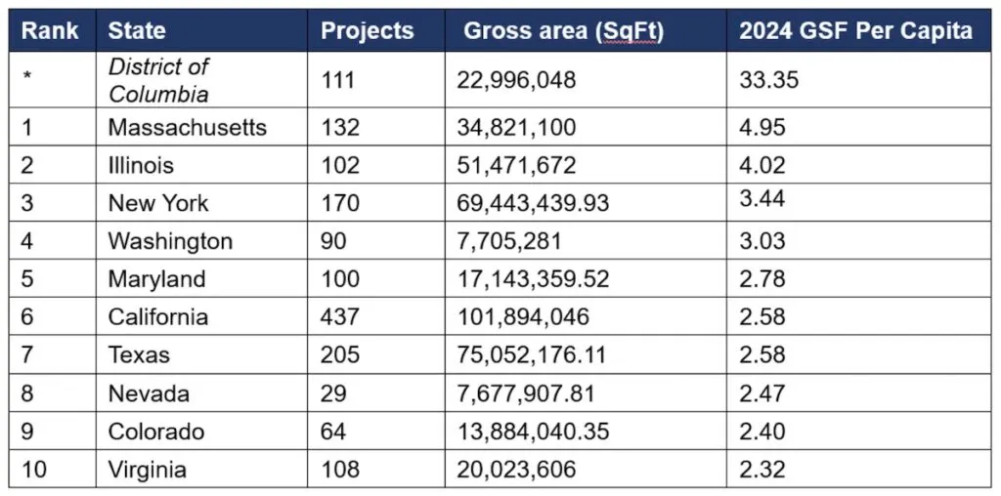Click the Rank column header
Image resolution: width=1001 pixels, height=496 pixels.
[x=50, y=30]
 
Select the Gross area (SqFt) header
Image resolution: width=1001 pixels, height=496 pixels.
[x=563, y=30]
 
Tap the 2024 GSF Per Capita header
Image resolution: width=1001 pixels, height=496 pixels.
[x=855, y=30]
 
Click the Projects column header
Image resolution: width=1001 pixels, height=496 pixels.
[x=368, y=30]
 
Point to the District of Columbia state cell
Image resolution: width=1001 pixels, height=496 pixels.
[x=158, y=80]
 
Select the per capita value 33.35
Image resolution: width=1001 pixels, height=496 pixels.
[x=768, y=79]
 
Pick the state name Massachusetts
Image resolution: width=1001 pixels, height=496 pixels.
[x=188, y=127]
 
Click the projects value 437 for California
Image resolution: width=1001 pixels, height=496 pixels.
[x=340, y=317]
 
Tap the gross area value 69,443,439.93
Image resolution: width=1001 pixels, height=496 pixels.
[x=533, y=203]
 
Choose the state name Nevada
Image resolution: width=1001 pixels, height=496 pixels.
[x=149, y=393]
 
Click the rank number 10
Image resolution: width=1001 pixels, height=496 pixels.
[x=35, y=470]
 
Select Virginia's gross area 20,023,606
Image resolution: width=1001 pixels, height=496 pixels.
[x=516, y=470]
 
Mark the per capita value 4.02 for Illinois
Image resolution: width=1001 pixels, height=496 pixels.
[x=762, y=165]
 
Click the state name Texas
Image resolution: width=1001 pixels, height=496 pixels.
[x=139, y=355]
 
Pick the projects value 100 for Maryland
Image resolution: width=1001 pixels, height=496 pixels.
[x=340, y=279]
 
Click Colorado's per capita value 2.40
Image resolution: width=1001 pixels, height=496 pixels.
[x=762, y=432]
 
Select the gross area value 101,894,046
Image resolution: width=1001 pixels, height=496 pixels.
[x=523, y=317]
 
